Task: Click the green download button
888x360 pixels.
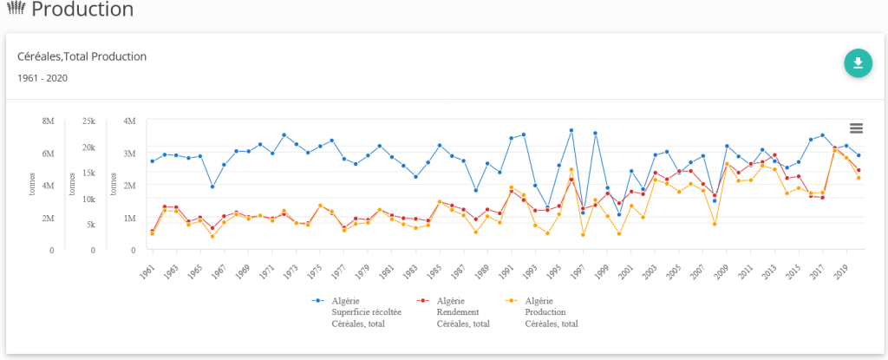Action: tap(858, 63)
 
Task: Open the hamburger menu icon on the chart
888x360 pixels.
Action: tap(856, 128)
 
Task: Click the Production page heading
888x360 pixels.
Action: tap(82, 10)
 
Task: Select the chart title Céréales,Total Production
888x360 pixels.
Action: tap(82, 56)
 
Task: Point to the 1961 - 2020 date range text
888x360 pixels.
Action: tap(42, 78)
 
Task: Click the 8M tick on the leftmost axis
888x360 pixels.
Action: tap(48, 121)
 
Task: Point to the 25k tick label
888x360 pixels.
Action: tap(88, 121)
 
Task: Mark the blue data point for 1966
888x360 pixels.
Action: tap(212, 187)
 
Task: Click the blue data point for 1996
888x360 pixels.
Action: tap(571, 130)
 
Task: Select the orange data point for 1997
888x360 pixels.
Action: tap(583, 234)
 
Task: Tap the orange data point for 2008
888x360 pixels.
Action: tap(715, 224)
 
